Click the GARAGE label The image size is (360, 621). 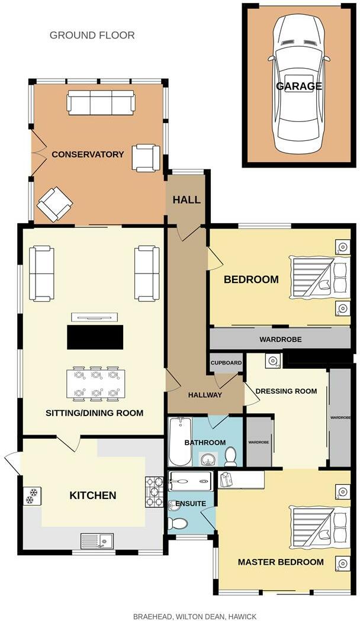coord(299,86)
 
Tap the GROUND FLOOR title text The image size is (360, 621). coord(92,36)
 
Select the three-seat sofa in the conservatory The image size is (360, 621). coord(101,103)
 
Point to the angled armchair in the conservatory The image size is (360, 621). coord(54,204)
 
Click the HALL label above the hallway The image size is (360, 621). coord(187,200)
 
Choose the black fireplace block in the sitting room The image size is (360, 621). coord(95,337)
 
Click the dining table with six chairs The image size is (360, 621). coord(95,384)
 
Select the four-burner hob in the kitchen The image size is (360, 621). coord(154,492)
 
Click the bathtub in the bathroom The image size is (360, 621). coord(178,442)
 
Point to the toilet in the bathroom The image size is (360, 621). coord(230,456)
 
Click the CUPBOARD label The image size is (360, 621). coord(226,363)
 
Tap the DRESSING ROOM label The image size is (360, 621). coord(286,391)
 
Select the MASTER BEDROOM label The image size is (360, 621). coord(281,562)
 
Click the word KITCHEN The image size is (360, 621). coord(93,495)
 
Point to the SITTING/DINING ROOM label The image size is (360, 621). coord(95,413)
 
